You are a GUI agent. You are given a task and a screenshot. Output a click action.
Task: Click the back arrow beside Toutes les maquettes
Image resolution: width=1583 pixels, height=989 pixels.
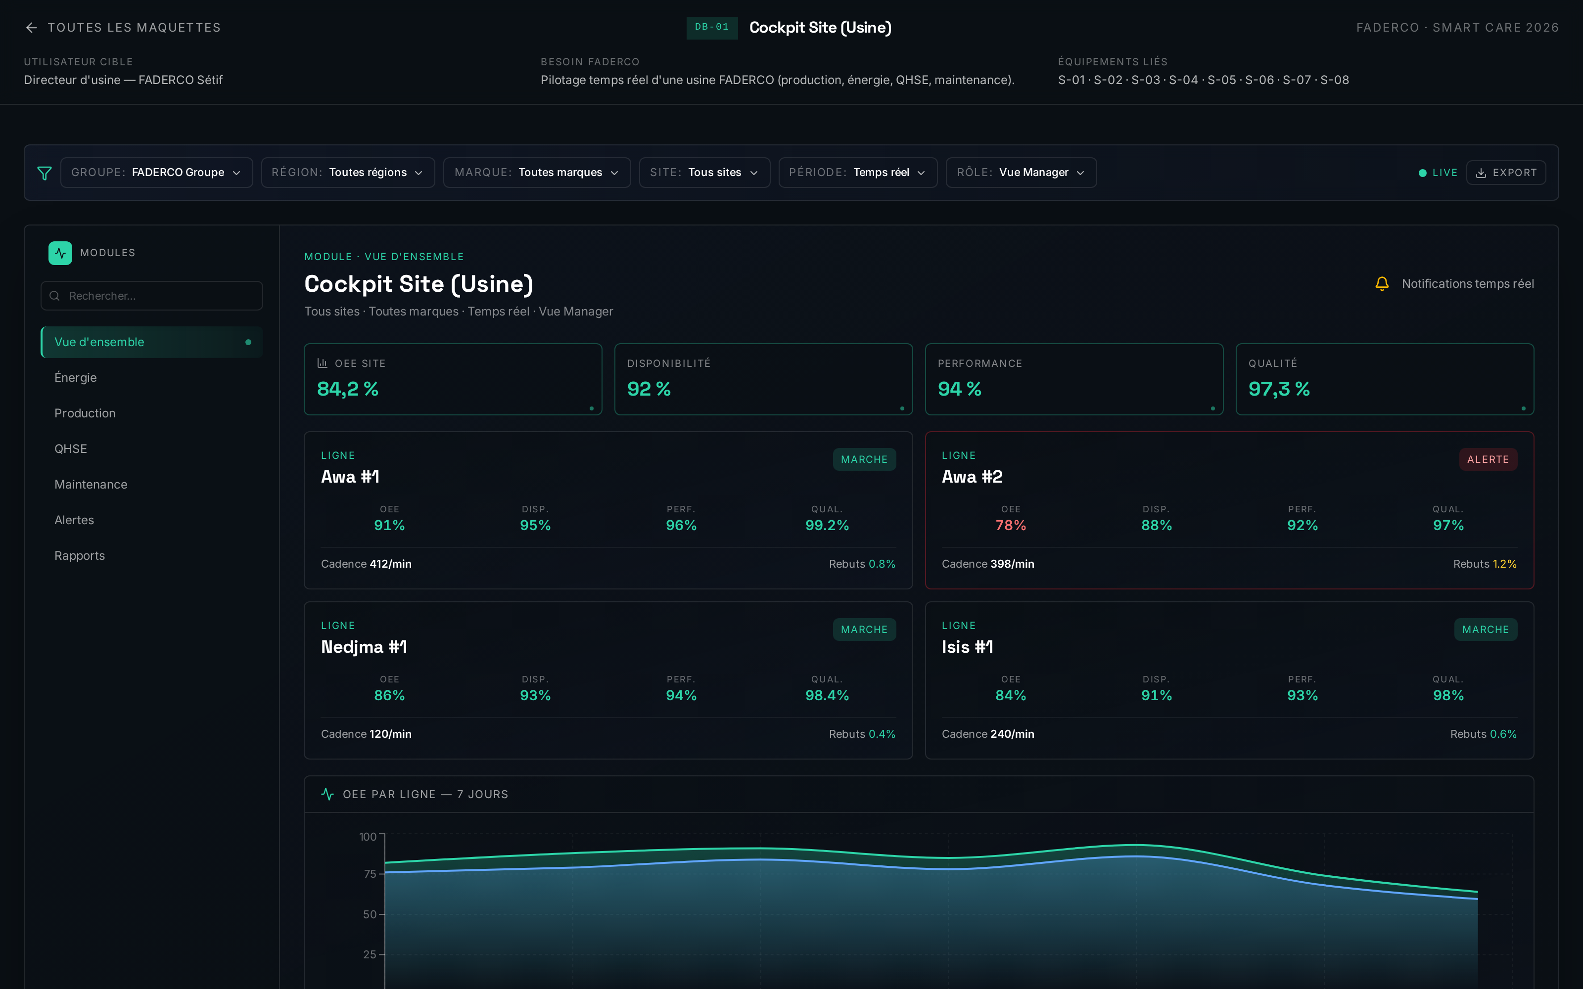31,28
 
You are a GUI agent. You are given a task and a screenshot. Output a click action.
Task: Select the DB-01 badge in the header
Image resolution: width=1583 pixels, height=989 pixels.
712,28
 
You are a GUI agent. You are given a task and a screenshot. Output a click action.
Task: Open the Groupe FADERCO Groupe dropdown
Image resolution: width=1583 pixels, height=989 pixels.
156,173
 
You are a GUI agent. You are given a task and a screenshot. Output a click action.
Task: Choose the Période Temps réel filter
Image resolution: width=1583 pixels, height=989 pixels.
858,173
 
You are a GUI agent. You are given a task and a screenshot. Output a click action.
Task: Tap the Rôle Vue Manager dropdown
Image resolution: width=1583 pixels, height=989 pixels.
1021,173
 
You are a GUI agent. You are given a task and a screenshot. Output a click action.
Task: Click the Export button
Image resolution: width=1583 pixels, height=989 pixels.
1506,173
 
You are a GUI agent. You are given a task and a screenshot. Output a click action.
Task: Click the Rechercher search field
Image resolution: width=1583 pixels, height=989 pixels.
152,296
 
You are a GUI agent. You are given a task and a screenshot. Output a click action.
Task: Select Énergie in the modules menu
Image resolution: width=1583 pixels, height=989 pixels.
76,377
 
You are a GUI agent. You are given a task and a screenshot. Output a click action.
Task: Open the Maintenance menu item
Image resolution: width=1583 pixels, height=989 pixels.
91,485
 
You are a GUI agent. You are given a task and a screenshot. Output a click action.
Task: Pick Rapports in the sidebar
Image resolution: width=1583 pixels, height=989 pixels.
80,556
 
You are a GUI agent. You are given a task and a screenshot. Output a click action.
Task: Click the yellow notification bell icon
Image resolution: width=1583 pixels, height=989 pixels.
1382,284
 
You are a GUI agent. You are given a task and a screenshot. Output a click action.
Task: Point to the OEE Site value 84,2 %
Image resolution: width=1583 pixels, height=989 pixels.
348,389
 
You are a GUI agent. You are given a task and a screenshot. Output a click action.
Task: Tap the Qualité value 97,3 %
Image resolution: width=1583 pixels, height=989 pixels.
1279,389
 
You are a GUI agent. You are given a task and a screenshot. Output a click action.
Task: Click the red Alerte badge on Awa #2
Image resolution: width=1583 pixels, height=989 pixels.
1488,459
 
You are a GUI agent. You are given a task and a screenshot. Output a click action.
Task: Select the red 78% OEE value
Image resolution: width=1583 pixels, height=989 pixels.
1011,525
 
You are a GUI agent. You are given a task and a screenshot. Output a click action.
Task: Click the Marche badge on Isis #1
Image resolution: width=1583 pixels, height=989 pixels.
1485,629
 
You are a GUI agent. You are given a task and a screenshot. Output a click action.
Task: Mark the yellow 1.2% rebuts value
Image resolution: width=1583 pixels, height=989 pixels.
1504,564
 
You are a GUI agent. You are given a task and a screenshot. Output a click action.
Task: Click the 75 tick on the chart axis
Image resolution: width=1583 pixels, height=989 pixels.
370,874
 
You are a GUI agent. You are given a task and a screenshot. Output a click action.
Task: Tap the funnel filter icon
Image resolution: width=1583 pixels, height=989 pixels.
45,173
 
